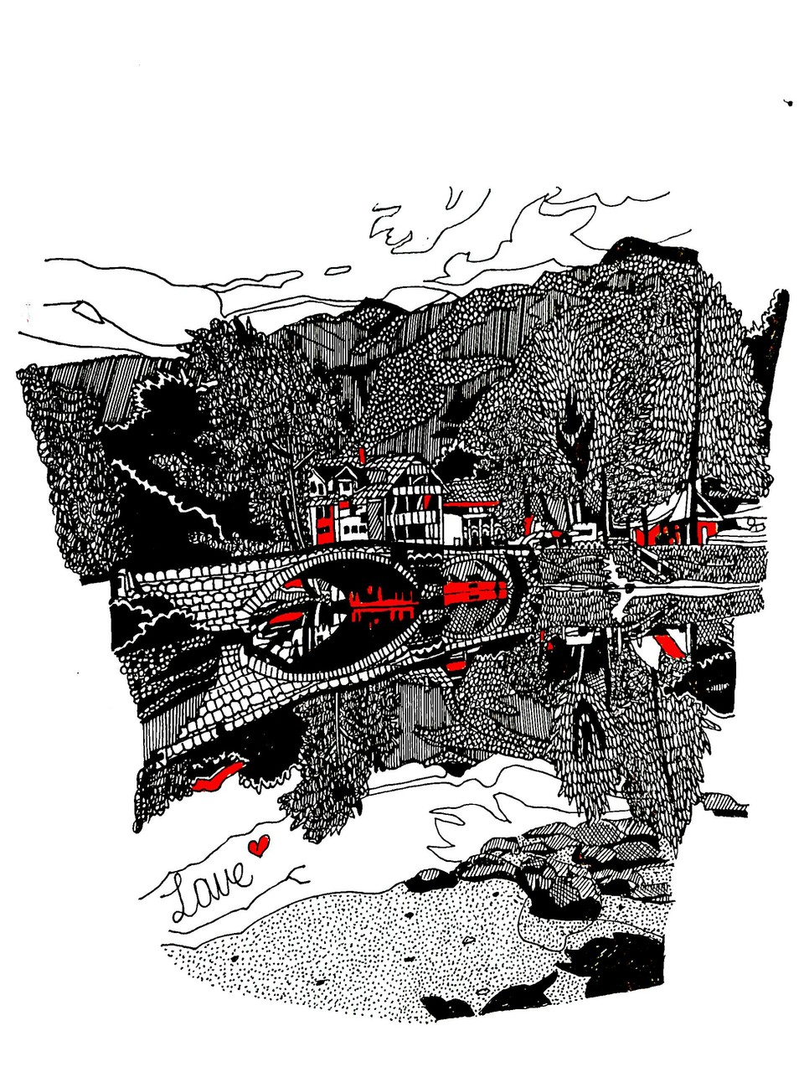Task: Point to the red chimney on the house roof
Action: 362,455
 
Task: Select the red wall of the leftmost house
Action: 324,523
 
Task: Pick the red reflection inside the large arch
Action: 384,608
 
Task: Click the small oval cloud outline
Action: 338,270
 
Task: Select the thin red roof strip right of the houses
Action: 472,503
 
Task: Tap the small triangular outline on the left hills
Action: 89,311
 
